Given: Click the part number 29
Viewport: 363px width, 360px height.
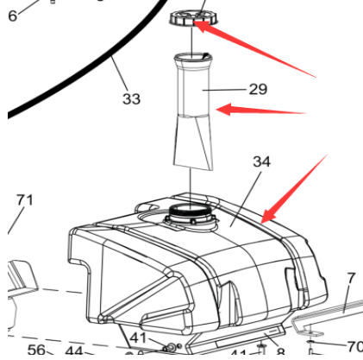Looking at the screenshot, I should (258, 89).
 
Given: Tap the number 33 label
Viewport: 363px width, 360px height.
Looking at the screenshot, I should (131, 99).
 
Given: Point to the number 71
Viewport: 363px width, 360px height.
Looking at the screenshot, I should (24, 200).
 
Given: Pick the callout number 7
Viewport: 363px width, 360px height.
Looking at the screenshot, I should (351, 278).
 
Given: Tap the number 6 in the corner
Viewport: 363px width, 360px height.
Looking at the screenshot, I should (11, 15).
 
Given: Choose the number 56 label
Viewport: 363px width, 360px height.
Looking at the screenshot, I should (35, 351).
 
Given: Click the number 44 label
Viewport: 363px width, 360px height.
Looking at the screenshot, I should (73, 351).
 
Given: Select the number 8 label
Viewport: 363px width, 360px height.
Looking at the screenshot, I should (280, 351).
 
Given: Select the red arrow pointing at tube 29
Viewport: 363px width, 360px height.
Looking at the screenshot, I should (259, 111).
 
